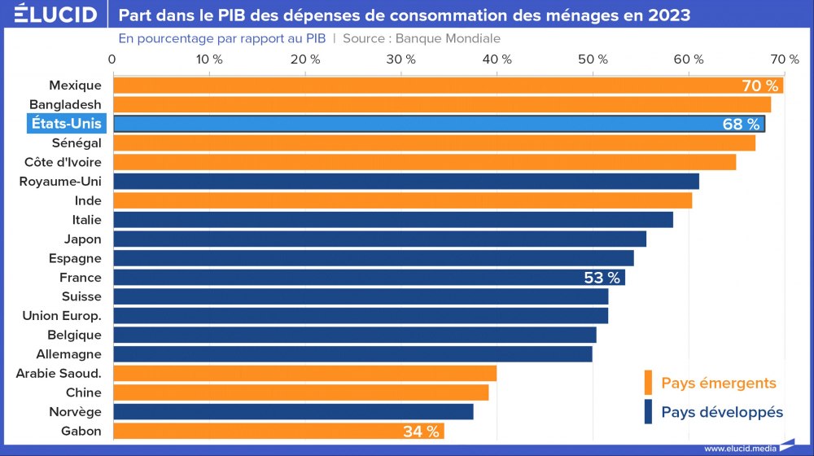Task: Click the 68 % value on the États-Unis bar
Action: coord(741,124)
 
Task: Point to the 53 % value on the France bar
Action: coord(602,278)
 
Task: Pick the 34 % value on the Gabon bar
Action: coord(421,432)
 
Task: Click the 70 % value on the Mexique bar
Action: coord(760,85)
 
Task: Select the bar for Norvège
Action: coord(293,412)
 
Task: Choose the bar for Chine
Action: coord(300,392)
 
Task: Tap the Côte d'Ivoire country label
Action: coord(63,162)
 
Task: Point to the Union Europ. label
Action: coord(62,316)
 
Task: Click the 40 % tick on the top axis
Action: coord(497,59)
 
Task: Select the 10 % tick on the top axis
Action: coord(210,59)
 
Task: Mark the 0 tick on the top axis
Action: coord(112,59)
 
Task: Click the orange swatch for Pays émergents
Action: coord(648,383)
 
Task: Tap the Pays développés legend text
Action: coord(722,412)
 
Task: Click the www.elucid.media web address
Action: coord(738,449)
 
